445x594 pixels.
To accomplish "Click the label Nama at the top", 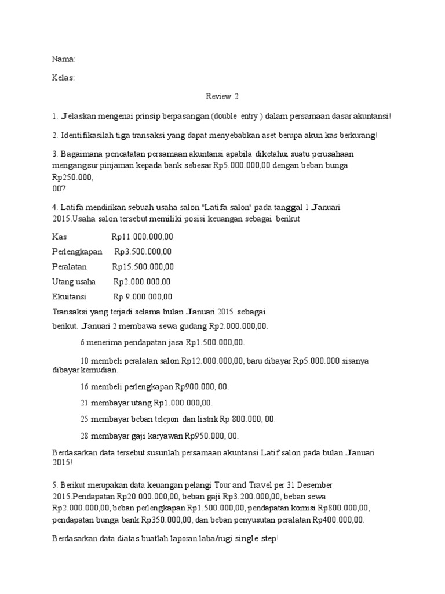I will click(x=63, y=59).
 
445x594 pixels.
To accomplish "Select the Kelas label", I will click(x=63, y=78).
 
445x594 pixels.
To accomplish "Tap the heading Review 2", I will click(x=222, y=96).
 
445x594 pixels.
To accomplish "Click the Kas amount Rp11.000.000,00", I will click(x=142, y=237).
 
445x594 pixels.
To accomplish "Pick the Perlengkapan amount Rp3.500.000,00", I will click(x=143, y=252).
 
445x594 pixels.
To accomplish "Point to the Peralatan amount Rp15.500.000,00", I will click(x=143, y=267).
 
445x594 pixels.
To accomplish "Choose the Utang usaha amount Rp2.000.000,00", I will click(x=142, y=282).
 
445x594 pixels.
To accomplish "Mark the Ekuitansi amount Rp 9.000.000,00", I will click(x=143, y=297).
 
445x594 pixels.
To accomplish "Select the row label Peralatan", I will click(x=69, y=267).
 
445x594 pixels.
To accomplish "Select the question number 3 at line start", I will click(x=54, y=154).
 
